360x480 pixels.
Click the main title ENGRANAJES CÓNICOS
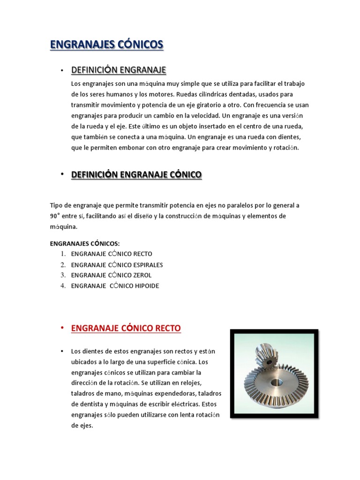[x=106, y=45]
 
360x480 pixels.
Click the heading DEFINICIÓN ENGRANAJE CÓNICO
[x=136, y=175]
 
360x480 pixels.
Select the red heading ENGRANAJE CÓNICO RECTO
[x=126, y=328]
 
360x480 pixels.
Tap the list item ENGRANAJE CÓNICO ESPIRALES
[x=117, y=265]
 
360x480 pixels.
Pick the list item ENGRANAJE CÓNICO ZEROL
[x=111, y=275]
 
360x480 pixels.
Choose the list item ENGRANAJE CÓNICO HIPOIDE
[x=115, y=286]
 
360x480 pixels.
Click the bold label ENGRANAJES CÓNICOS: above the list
[x=84, y=243]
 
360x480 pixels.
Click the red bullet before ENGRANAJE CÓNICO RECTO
[x=62, y=328]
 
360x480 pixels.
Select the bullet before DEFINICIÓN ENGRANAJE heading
[x=62, y=71]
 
